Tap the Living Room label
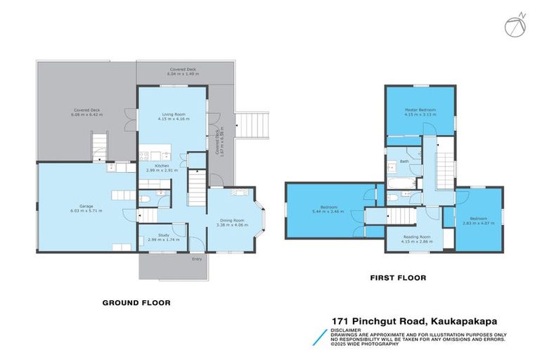[172, 113]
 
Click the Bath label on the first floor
[404, 161]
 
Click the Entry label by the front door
[197, 259]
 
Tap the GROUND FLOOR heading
[136, 303]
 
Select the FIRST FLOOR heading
[398, 278]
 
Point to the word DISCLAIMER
[347, 329]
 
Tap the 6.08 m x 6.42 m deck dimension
[88, 115]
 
